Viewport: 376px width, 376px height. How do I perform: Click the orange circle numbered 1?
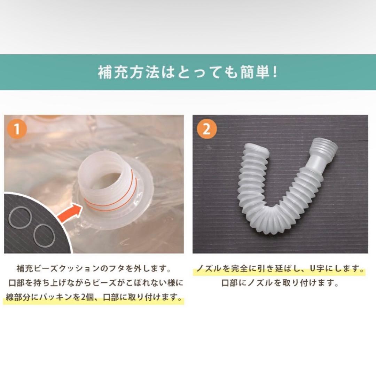(16, 128)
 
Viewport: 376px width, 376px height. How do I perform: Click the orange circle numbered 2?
(206, 128)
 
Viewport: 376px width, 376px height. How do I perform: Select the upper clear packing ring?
(20, 218)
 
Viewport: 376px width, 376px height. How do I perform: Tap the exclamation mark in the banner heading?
(276, 73)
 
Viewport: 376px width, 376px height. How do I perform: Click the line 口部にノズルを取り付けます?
(280, 283)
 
